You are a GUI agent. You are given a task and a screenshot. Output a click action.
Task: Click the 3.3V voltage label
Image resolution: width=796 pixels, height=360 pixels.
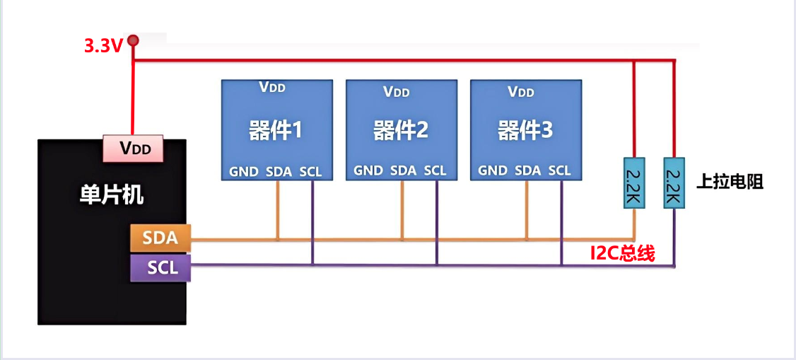(103, 46)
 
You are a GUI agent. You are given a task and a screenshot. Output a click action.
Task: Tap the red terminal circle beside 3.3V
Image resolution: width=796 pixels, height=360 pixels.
(133, 41)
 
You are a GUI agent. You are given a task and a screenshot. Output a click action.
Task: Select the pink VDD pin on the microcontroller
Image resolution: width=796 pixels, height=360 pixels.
(134, 149)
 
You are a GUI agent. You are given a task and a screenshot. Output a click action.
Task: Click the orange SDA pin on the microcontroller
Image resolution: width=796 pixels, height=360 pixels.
(160, 238)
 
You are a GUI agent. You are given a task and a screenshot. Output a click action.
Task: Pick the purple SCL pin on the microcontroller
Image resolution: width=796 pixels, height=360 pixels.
(160, 268)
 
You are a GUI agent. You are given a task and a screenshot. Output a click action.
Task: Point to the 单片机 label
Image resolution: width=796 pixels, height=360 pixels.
(111, 194)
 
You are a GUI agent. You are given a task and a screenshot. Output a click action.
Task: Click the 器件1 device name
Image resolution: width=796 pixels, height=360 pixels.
(276, 130)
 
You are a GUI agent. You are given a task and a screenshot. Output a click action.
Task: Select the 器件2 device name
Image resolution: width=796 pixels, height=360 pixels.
(401, 130)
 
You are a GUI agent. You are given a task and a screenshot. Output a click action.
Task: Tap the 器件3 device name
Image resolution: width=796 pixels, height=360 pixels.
(525, 130)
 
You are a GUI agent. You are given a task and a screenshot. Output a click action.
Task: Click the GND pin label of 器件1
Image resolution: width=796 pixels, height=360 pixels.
(244, 170)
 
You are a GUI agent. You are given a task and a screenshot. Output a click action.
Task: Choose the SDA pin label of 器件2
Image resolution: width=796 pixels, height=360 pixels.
(403, 170)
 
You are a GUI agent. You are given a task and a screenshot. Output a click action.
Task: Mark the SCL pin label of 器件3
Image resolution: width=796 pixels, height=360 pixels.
(559, 170)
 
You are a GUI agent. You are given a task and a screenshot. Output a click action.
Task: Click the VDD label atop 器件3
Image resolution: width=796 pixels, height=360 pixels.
(521, 91)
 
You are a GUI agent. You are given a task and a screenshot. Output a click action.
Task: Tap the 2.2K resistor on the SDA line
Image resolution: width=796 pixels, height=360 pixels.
(633, 182)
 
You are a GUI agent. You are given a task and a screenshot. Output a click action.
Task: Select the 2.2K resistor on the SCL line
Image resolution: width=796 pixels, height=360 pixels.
(674, 182)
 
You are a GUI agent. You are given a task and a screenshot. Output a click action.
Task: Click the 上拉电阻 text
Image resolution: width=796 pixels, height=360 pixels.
(730, 182)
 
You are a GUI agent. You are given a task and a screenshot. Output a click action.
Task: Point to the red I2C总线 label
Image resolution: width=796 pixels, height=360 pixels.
(623, 253)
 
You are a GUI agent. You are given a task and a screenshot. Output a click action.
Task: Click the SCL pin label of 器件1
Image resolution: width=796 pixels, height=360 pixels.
(310, 170)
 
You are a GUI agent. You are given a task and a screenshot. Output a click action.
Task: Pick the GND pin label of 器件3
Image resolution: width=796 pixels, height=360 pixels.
(493, 170)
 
